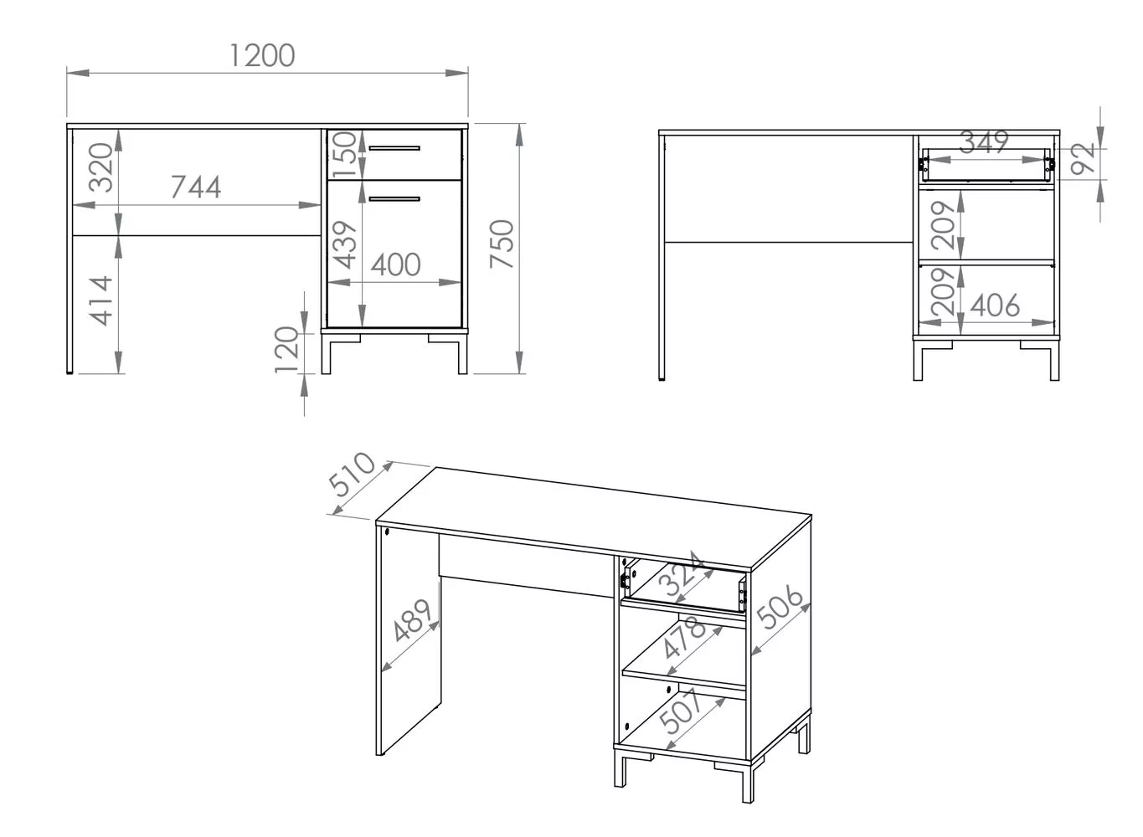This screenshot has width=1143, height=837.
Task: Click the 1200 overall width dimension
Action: (262, 55)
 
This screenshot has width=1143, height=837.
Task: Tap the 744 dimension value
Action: (196, 187)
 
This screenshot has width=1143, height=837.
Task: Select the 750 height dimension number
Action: (502, 244)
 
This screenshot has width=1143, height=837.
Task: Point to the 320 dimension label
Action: (100, 167)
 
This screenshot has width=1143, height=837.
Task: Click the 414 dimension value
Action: (101, 300)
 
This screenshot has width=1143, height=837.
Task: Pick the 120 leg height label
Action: (286, 349)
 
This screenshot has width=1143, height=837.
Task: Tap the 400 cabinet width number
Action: (395, 264)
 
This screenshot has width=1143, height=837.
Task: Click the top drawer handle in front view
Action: (394, 148)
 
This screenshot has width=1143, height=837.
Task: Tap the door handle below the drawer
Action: (394, 199)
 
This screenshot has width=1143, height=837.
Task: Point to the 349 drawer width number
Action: (984, 142)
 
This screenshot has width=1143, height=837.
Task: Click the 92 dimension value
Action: (1082, 159)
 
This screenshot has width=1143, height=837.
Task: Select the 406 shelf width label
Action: (995, 306)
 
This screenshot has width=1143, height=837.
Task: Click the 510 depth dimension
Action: (352, 474)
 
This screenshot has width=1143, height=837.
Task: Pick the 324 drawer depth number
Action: (682, 573)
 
